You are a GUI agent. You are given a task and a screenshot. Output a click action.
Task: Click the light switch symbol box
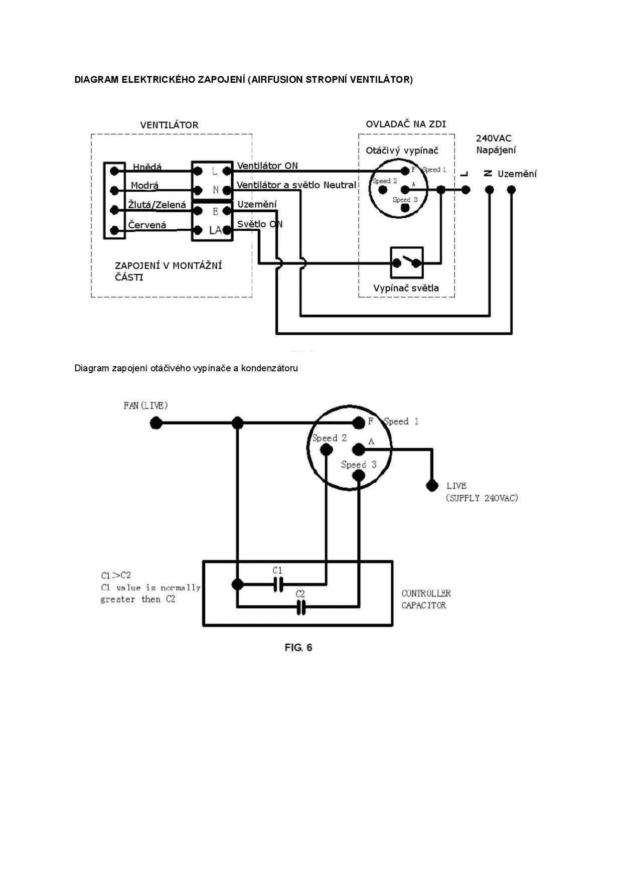point(407,262)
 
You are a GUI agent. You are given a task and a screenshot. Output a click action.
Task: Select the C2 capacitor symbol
point(300,608)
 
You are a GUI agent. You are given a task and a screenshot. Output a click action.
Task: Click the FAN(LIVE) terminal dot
point(156,423)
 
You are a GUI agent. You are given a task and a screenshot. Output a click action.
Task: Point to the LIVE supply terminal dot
point(431,486)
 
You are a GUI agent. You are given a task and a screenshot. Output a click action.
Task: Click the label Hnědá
point(147,167)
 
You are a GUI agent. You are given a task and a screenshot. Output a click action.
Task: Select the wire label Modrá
point(144,186)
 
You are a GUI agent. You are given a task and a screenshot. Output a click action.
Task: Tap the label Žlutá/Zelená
point(157,205)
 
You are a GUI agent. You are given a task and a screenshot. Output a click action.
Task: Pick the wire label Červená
point(147,225)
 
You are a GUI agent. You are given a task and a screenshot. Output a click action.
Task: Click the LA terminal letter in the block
point(215,230)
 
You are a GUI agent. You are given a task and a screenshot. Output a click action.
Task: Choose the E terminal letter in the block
point(215,211)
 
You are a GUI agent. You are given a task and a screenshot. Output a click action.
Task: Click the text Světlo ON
point(259,224)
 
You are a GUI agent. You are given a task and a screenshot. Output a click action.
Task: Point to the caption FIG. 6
point(298,647)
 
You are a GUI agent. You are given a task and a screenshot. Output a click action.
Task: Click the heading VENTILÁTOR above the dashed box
point(169,125)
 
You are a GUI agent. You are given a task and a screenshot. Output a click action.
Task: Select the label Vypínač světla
point(406,288)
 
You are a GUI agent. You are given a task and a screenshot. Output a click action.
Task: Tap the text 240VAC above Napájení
point(494,138)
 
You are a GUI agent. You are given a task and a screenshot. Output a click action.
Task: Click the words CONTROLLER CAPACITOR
point(426,599)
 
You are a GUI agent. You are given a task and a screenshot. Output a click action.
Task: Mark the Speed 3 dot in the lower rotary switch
point(359,474)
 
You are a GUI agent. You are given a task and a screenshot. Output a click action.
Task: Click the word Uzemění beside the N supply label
point(517,174)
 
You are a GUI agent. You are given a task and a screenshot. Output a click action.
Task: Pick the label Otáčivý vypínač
point(402,151)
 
